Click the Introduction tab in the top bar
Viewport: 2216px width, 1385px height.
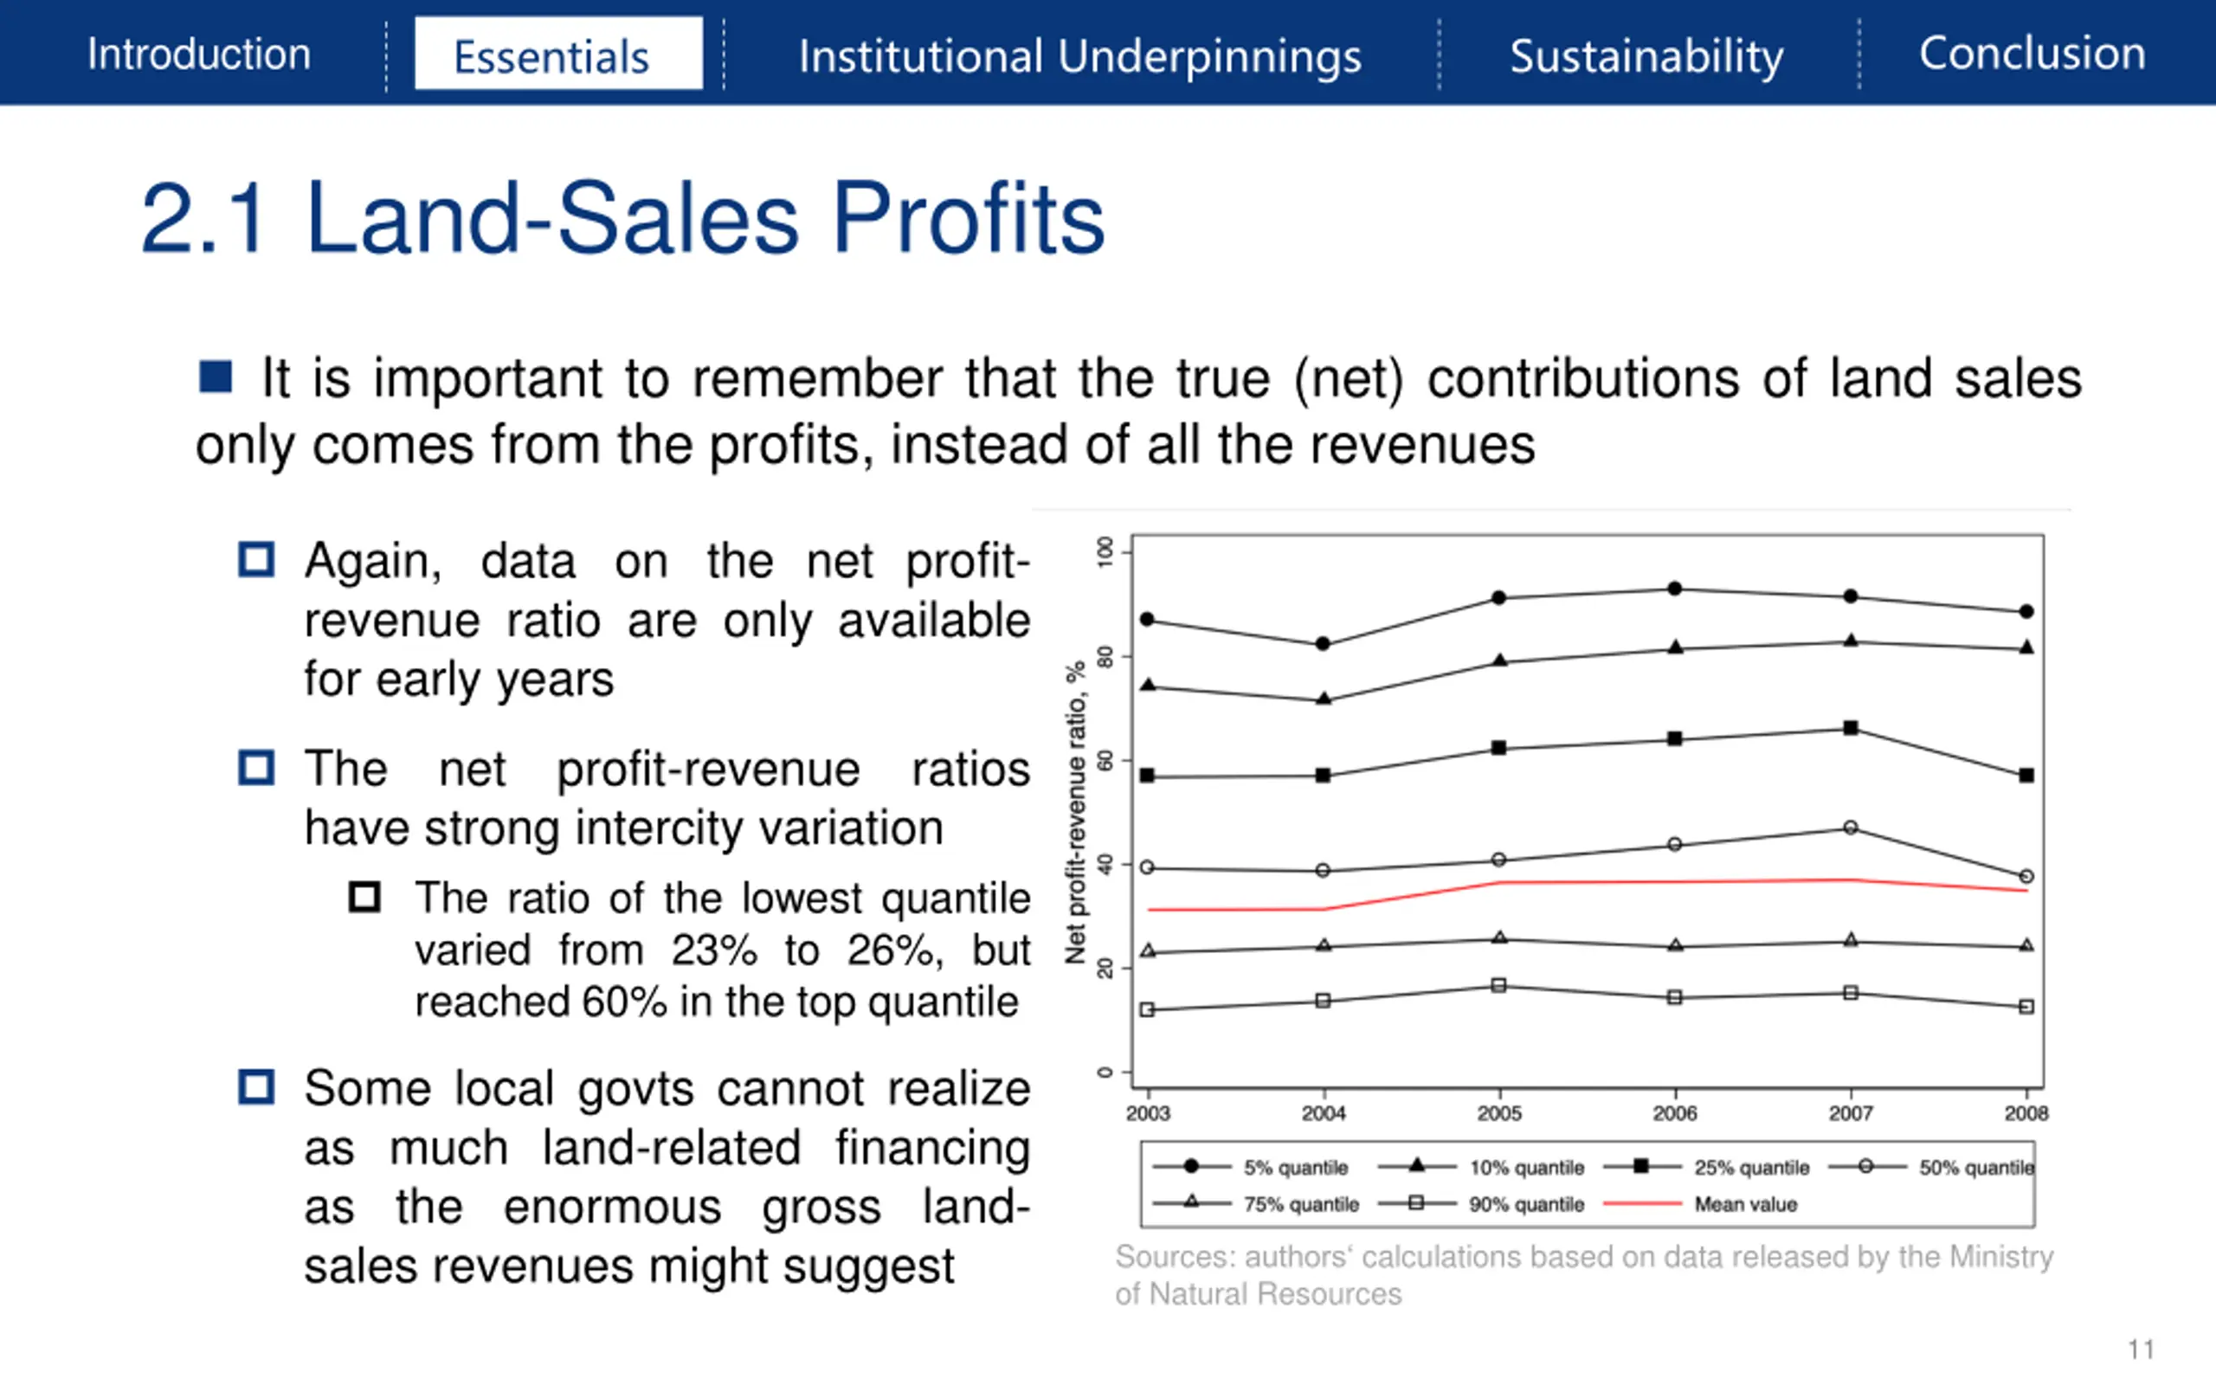coord(199,54)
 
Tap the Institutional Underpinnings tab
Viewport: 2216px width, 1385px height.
coord(1079,56)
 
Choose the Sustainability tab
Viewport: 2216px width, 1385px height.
coord(1646,56)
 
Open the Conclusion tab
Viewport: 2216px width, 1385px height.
coord(2032,53)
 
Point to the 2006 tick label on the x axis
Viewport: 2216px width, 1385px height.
coord(1675,1113)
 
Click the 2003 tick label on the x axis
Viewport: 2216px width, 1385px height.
coord(1147,1113)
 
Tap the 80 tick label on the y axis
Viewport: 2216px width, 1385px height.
coord(1105,657)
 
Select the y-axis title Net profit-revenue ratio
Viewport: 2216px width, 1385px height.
coord(1076,812)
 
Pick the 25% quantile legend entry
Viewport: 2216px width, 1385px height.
coord(1751,1167)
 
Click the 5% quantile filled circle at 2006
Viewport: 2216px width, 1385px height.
coord(1675,588)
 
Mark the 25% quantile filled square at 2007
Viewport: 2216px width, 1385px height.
coord(1851,728)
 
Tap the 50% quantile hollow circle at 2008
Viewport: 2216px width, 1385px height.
coord(2026,877)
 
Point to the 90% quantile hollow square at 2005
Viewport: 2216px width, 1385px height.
coord(1499,986)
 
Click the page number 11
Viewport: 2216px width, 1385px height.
coord(2141,1350)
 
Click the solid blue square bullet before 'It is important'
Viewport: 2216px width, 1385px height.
coord(216,377)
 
